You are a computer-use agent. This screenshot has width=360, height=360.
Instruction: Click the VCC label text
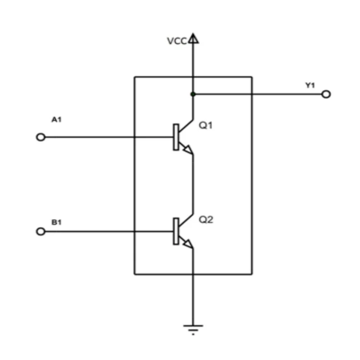[176, 41]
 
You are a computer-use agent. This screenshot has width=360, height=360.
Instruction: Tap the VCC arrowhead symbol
[193, 38]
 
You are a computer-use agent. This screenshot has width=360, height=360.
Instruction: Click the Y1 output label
[310, 85]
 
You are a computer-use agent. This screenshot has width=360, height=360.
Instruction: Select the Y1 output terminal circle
[326, 94]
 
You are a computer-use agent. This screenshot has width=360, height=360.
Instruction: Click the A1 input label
[57, 120]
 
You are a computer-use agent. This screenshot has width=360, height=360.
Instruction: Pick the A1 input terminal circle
[41, 137]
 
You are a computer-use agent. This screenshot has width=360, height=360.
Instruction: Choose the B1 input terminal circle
[41, 232]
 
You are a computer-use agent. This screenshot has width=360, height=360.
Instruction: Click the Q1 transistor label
[206, 126]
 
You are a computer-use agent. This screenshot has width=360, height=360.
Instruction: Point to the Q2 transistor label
[206, 221]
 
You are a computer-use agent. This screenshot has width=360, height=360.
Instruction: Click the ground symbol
[193, 328]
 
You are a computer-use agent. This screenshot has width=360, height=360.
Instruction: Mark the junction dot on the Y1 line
[193, 94]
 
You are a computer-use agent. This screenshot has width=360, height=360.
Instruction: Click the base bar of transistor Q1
[176, 137]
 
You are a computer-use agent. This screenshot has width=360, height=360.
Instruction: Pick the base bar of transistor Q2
[176, 231]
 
